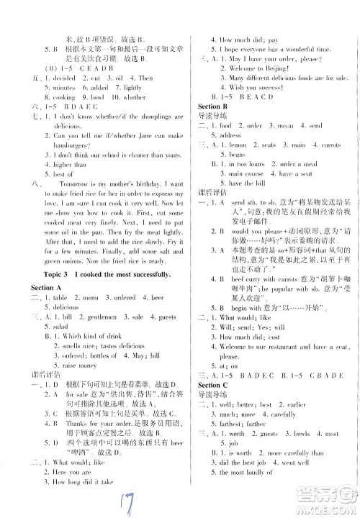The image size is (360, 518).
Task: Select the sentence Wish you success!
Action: [x=256, y=86]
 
